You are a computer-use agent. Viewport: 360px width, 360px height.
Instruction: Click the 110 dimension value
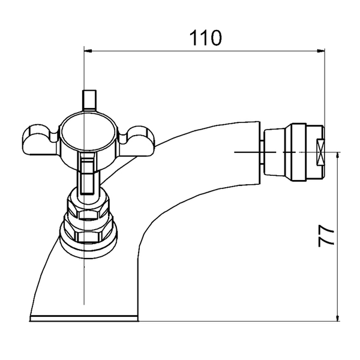tap(205, 38)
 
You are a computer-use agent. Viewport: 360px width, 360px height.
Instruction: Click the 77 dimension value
tap(326, 235)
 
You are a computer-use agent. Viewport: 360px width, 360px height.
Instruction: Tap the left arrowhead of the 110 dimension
tap(88, 51)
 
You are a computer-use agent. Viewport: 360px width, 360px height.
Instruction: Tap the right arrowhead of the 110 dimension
tap(321, 51)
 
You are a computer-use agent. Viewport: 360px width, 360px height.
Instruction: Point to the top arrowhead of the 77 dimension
tap(337, 156)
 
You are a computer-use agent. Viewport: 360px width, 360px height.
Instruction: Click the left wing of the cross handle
tap(40, 140)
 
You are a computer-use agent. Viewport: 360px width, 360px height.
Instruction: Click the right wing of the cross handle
tap(137, 140)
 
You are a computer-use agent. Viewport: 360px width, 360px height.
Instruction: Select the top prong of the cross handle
tap(89, 100)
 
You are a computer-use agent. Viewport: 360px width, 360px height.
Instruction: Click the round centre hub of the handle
tap(88, 133)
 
